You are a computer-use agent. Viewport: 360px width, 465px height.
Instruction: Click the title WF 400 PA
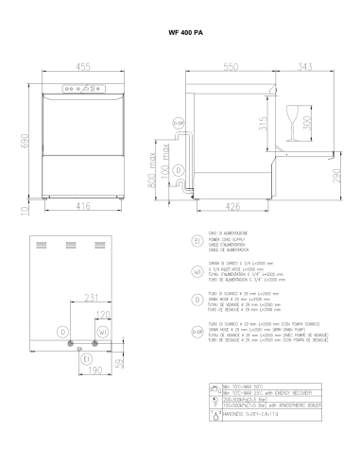pos(180,32)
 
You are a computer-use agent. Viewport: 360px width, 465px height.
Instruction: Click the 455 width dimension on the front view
pos(83,67)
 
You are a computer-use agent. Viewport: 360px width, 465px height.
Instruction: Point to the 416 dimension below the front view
pos(83,203)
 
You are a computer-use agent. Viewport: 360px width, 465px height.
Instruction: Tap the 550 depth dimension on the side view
pos(231,67)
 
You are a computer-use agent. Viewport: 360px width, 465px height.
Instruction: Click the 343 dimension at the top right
pos(306,67)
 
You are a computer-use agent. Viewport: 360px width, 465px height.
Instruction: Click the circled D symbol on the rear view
pos(62,331)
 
